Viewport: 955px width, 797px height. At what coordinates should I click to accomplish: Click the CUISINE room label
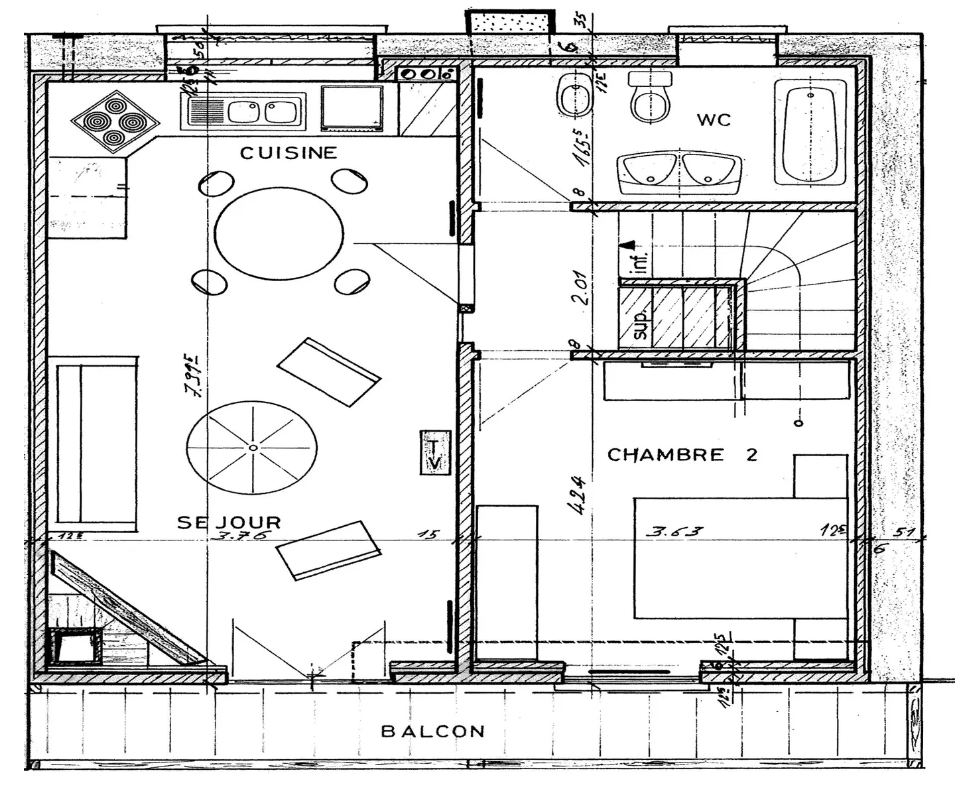288,153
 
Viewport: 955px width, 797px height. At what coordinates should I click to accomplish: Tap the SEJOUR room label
229,522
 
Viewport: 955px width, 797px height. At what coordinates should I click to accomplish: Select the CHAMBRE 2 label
682,455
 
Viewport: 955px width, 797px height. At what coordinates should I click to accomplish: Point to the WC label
714,120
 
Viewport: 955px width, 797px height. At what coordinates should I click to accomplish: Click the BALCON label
432,731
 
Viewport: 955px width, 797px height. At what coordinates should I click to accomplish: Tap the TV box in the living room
434,453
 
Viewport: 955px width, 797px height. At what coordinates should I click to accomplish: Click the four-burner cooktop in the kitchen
115,122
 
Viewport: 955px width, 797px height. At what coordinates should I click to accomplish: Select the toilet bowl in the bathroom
650,98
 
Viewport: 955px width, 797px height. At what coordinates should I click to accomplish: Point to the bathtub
810,133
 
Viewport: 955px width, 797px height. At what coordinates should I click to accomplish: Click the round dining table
279,233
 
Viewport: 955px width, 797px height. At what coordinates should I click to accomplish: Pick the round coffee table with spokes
252,448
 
